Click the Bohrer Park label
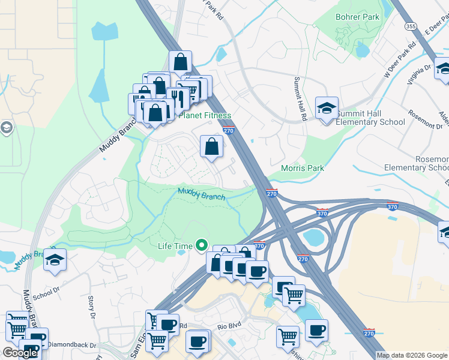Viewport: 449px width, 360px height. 357,17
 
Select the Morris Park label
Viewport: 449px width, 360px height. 303,168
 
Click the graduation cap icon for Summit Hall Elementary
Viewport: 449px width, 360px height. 327,109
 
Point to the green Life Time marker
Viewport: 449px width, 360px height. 202,246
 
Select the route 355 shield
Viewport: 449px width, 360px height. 411,26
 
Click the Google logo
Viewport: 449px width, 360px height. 19,352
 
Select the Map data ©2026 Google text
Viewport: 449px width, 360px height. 411,355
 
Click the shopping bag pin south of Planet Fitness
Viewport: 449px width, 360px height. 212,146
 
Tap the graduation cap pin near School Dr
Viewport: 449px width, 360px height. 55,260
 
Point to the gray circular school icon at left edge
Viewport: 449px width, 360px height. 6,128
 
